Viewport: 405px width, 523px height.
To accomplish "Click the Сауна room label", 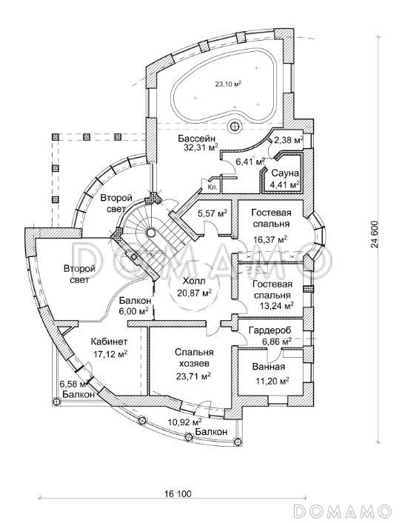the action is coord(285,173).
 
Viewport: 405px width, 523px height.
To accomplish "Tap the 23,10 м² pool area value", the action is coord(228,84).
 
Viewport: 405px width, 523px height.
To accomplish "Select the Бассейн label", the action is coord(196,138).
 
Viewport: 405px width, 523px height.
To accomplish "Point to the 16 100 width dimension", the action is coord(178,493).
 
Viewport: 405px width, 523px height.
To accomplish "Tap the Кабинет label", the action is coord(109,342).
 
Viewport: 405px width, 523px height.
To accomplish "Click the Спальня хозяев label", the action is coord(194,358).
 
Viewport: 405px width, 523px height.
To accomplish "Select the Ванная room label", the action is coord(269,367).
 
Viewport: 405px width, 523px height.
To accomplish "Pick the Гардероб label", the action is coord(270,330).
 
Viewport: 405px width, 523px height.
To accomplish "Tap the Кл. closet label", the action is coord(212,187).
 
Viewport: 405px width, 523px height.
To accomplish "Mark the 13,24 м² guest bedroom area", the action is coord(276,305).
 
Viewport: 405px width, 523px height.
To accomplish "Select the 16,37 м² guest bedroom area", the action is coord(270,239).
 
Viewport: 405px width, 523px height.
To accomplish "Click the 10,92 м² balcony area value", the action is coord(184,422).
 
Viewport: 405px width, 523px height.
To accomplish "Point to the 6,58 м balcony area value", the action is coord(73,384).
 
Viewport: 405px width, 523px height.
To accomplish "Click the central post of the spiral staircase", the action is coord(151,231).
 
